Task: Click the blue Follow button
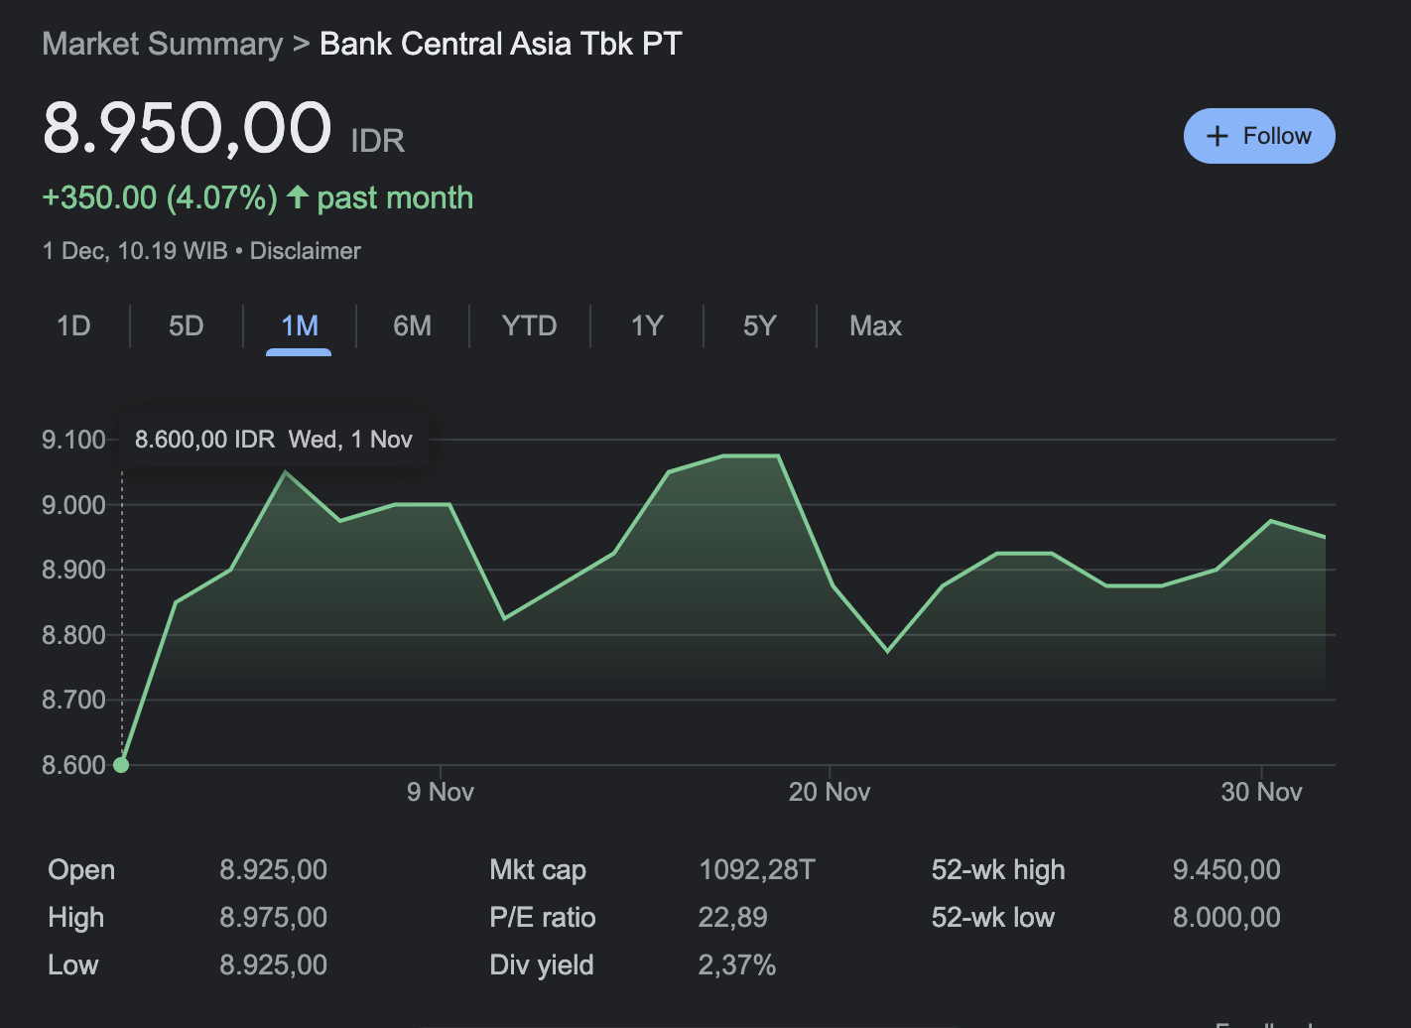[x=1258, y=136]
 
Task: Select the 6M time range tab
[x=412, y=325]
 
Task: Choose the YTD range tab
[x=529, y=325]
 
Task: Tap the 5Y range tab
[x=759, y=325]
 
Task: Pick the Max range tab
[x=875, y=325]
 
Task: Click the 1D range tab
[x=73, y=325]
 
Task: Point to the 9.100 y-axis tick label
[x=73, y=440]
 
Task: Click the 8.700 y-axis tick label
[x=73, y=700]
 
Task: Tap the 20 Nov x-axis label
[x=829, y=792]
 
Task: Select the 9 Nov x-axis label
[x=440, y=792]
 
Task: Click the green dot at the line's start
[x=121, y=765]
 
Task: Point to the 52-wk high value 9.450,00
[x=1226, y=870]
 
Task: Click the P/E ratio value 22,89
[x=732, y=918]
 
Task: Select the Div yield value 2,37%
[x=736, y=965]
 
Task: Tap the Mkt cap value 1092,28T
[x=756, y=870]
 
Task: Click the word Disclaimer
[x=305, y=251]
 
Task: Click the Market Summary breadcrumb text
[x=163, y=44]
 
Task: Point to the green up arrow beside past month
[x=297, y=196]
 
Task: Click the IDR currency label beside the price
[x=377, y=141]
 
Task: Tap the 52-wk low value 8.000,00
[x=1226, y=918]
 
